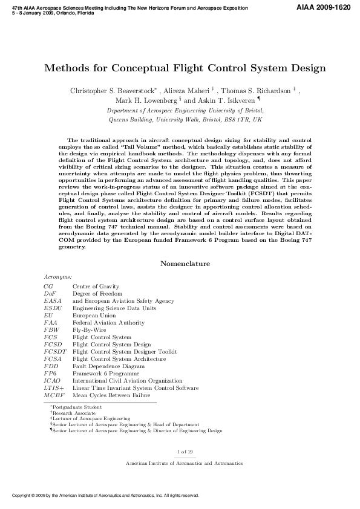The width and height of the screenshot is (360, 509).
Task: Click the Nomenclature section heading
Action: (x=185, y=264)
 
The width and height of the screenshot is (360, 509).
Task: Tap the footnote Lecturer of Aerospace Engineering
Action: (x=91, y=418)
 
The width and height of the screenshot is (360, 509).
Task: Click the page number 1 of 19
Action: (x=185, y=452)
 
